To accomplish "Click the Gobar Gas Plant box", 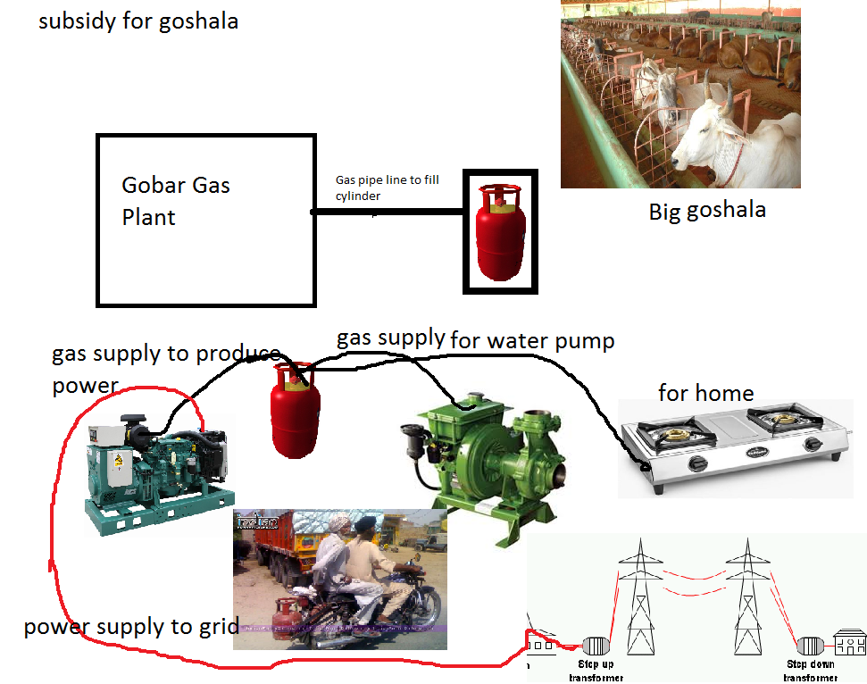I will tap(205, 220).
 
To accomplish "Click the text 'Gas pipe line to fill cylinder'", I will tap(387, 188).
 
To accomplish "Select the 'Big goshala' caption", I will tap(707, 212).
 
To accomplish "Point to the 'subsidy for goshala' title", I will tap(138, 21).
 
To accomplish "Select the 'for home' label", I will tap(705, 392).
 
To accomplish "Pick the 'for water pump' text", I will tap(532, 340).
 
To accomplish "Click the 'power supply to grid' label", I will tap(130, 626).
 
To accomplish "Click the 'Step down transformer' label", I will tap(811, 671).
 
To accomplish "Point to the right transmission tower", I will tap(748, 594).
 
